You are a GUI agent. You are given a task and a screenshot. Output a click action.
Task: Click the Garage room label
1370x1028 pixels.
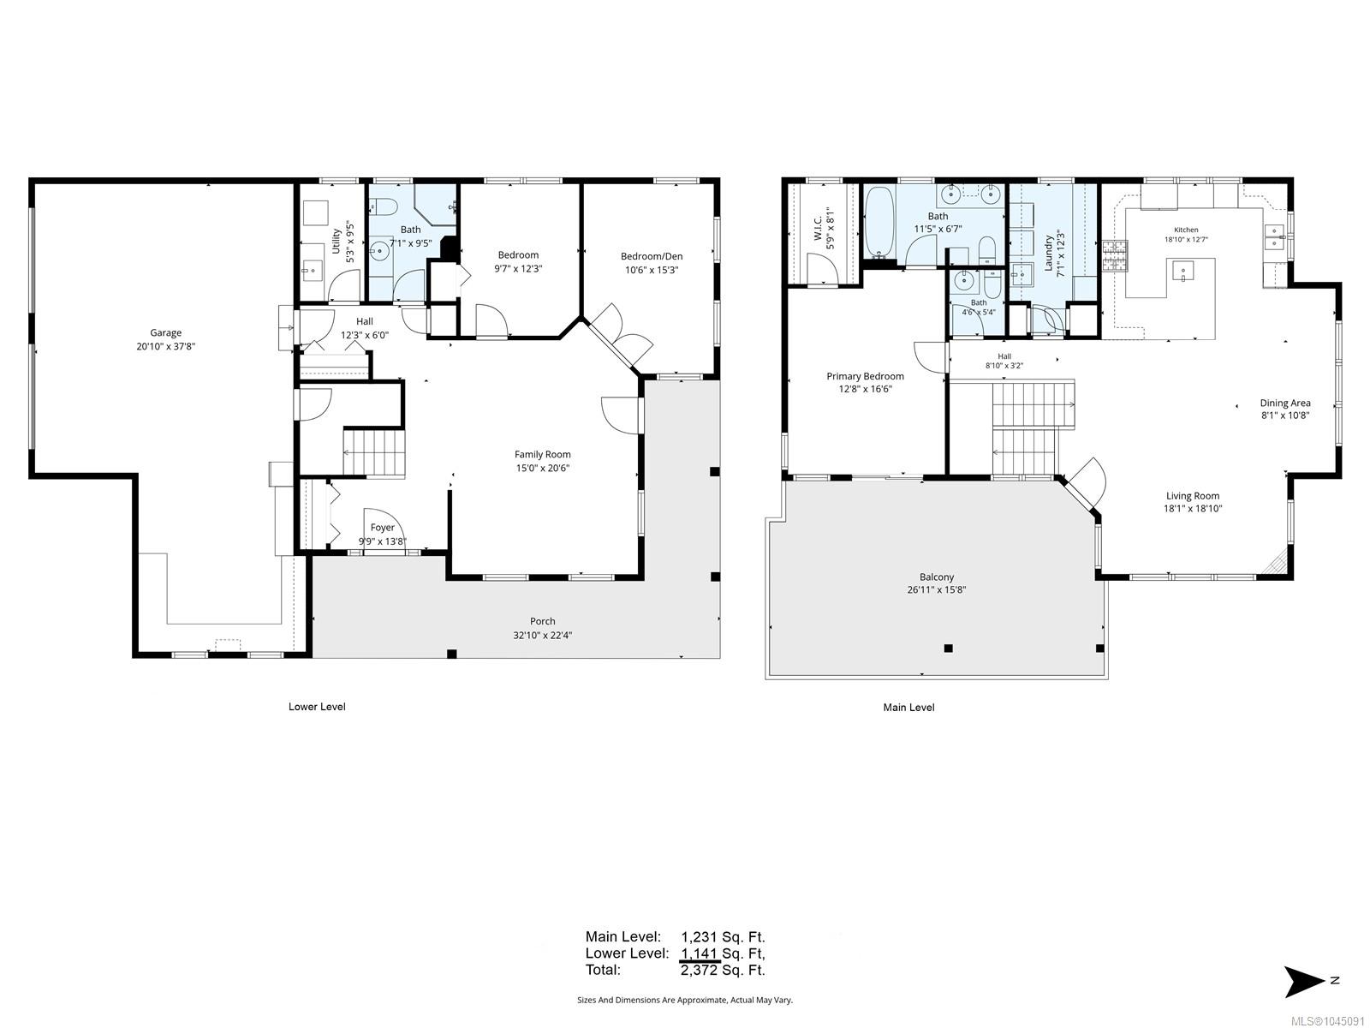(x=165, y=332)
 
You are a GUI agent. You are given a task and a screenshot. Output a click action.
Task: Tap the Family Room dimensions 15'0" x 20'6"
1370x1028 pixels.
(x=542, y=468)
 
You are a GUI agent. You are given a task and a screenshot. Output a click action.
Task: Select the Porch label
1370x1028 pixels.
(x=542, y=621)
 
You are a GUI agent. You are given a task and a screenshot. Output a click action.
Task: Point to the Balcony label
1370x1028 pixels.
(x=936, y=577)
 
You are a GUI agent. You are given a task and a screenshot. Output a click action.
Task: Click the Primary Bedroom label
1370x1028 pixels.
(x=865, y=376)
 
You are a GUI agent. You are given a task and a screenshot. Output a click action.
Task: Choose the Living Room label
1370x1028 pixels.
(x=1193, y=496)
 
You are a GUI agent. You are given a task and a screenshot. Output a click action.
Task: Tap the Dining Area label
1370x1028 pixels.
(x=1285, y=403)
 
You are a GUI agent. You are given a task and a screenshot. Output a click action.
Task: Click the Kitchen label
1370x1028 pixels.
(x=1186, y=230)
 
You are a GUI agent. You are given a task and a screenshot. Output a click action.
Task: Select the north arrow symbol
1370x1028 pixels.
(x=1304, y=982)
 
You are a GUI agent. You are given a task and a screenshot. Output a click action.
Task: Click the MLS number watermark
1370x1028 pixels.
(x=1327, y=1021)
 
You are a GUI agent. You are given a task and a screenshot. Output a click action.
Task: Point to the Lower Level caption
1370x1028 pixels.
(x=317, y=707)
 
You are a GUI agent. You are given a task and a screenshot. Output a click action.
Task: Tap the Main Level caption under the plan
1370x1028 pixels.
(x=908, y=708)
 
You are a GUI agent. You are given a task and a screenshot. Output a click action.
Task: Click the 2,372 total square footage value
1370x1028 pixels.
(x=699, y=970)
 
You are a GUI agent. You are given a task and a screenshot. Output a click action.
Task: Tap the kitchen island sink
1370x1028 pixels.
(x=1182, y=272)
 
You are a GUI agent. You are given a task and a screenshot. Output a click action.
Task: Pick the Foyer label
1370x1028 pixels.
(x=382, y=528)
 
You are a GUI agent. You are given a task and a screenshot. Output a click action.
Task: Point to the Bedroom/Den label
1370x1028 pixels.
(x=652, y=256)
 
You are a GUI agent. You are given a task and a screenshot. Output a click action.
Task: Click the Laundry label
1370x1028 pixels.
(x=1049, y=253)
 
